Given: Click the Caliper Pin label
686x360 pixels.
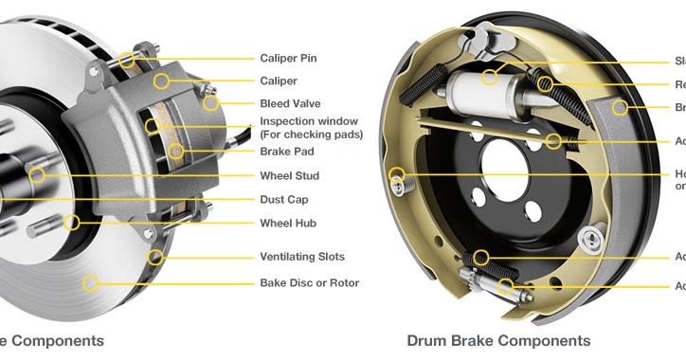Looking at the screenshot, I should tap(288, 58).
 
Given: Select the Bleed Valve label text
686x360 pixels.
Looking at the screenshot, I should tap(290, 103).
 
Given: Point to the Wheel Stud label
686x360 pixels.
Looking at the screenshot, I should tap(289, 175).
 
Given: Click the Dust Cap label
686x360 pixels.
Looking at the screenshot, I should tap(284, 200).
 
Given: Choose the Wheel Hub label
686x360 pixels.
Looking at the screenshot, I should tap(288, 224).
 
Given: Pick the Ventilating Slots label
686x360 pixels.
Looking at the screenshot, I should tap(302, 257).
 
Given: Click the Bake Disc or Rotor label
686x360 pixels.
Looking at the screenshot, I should tap(310, 282).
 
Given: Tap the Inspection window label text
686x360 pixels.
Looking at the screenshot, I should tap(309, 121).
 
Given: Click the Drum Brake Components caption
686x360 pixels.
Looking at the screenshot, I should tap(498, 340).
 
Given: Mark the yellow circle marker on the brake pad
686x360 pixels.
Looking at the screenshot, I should tap(175, 151).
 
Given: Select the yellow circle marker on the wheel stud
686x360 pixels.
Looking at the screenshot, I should tap(37, 175).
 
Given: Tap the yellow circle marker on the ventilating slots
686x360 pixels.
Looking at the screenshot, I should tap(155, 257).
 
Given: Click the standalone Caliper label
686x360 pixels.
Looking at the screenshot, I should tap(279, 81).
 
